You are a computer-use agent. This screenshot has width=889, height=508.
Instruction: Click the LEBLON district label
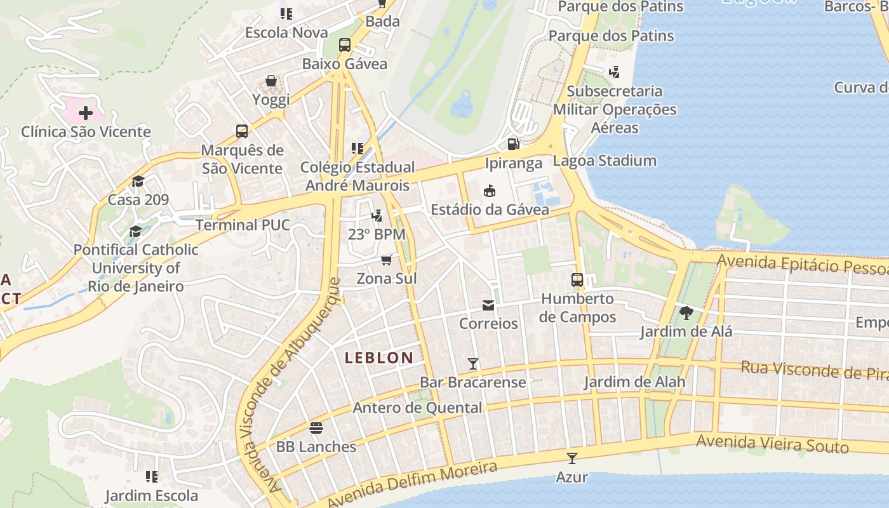point(379,358)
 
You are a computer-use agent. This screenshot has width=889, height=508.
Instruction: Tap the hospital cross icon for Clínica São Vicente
point(85,114)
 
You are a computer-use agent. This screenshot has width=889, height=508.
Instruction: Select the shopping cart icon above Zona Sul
point(386,260)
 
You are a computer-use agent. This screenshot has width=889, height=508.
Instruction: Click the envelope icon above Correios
point(488,305)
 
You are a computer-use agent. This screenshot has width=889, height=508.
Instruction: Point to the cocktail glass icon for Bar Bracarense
point(472,364)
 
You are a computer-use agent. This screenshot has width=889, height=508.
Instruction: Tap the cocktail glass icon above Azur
point(571,458)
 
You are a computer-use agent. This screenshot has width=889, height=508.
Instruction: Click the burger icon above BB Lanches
point(316,428)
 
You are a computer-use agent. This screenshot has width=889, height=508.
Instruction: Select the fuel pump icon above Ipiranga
point(513,144)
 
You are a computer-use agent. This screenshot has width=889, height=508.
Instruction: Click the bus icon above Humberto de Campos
point(577,279)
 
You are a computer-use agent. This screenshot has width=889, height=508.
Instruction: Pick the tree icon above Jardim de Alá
point(686,312)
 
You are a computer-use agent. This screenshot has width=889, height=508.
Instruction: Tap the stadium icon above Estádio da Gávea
point(489,190)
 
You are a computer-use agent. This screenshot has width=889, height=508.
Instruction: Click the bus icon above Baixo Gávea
point(345,45)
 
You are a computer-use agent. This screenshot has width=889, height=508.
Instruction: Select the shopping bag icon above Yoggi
point(271,81)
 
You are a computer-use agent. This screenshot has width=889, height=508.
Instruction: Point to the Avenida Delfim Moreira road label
point(413,485)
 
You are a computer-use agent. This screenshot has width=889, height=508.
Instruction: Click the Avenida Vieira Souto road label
point(772,444)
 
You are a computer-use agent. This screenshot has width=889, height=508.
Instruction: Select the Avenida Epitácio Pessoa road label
point(802,264)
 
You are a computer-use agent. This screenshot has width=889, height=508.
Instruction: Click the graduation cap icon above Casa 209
point(138,182)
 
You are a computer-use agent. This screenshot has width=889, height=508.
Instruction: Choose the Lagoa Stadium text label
point(605,161)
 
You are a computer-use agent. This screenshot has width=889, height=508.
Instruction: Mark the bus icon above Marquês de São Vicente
point(242,131)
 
